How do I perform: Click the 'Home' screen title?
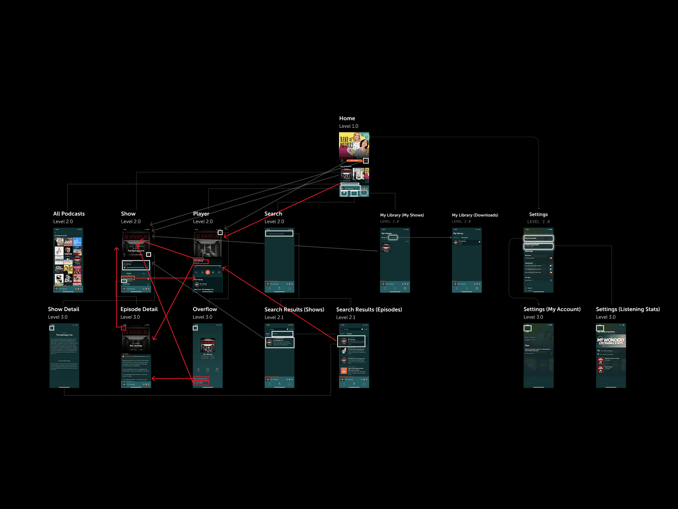pyautogui.click(x=347, y=118)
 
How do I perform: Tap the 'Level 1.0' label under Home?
pyautogui.click(x=348, y=126)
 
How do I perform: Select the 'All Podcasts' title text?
pyautogui.click(x=69, y=213)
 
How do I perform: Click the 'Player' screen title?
pyautogui.click(x=201, y=213)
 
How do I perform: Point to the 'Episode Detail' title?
pyautogui.click(x=139, y=309)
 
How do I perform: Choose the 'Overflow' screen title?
pyautogui.click(x=205, y=309)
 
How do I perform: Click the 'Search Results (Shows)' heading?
pyautogui.click(x=294, y=310)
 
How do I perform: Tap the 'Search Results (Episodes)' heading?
pyautogui.click(x=369, y=310)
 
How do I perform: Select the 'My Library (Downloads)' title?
pyautogui.click(x=475, y=215)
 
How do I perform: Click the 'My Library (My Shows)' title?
pyautogui.click(x=402, y=215)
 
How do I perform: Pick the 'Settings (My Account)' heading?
pyautogui.click(x=552, y=309)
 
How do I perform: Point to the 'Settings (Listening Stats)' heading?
pyautogui.click(x=628, y=309)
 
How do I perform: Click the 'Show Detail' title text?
pyautogui.click(x=64, y=309)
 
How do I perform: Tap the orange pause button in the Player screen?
pyautogui.click(x=208, y=272)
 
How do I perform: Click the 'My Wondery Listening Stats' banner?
pyautogui.click(x=611, y=341)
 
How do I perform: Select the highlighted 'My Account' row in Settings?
pyautogui.click(x=539, y=238)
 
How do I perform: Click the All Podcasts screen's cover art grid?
pyautogui.click(x=68, y=262)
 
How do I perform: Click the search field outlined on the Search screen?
pyautogui.click(x=279, y=233)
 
